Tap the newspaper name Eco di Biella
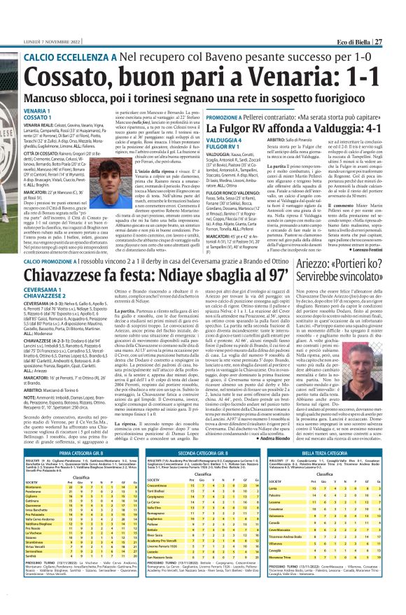pos(363,6)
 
